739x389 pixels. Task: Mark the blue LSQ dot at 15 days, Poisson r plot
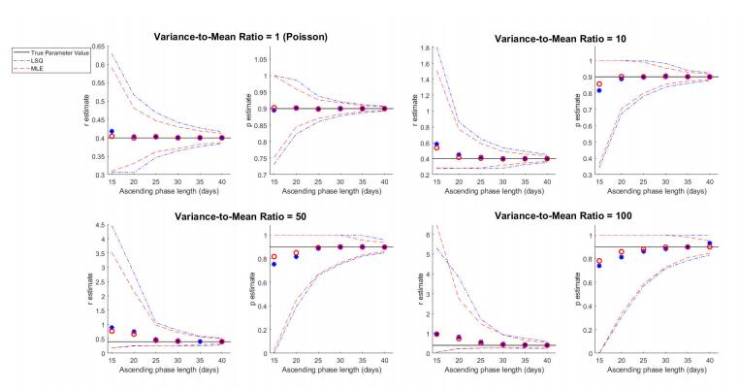tap(112, 131)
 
